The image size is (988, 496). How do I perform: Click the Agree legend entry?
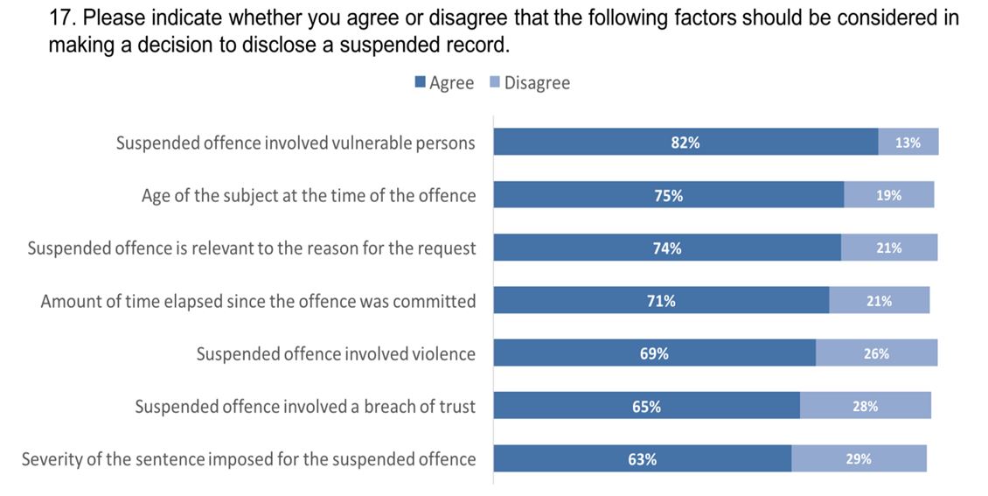pyautogui.click(x=444, y=83)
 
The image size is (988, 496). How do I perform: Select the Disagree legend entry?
pyautogui.click(x=529, y=83)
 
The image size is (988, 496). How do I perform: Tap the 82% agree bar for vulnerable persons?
pyautogui.click(x=685, y=143)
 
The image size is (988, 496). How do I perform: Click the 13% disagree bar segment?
pyautogui.click(x=908, y=143)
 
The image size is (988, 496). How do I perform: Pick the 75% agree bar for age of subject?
pyautogui.click(x=669, y=195)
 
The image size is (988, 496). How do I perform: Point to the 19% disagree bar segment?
pyautogui.click(x=888, y=195)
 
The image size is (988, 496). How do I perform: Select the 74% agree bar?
pyautogui.click(x=667, y=248)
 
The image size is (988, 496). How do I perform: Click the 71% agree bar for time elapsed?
pyautogui.click(x=661, y=301)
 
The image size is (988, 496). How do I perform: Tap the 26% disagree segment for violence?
pyautogui.click(x=876, y=353)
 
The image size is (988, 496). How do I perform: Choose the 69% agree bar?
pyautogui.click(x=654, y=353)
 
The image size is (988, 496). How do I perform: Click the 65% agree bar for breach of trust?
pyautogui.click(x=647, y=406)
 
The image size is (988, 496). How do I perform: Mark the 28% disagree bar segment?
pyautogui.click(x=865, y=406)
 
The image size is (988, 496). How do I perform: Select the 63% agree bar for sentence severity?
pyautogui.click(x=643, y=458)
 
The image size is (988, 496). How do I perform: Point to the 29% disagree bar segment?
pyautogui.click(x=859, y=458)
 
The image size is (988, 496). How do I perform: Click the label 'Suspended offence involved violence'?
pyautogui.click(x=336, y=353)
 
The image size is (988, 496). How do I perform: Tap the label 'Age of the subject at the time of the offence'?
pyautogui.click(x=309, y=195)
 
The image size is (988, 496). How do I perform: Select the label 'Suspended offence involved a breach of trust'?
pyautogui.click(x=305, y=406)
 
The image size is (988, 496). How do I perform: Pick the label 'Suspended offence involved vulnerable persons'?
pyautogui.click(x=296, y=143)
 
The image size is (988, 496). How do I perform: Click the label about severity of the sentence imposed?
pyautogui.click(x=249, y=458)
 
